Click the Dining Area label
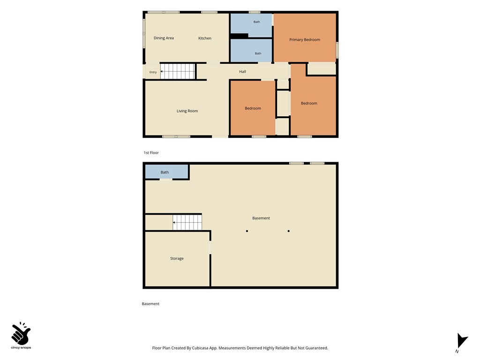pos(164,38)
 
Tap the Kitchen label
pos(205,38)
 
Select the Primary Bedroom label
pos(305,39)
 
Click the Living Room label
pos(187,111)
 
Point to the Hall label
pos(242,72)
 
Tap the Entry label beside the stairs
pos(153,72)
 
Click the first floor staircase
pos(178,71)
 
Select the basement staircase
pos(187,222)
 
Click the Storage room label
pos(177,258)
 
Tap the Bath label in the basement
pos(165,172)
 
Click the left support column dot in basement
pos(247,231)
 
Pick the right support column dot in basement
pos(289,231)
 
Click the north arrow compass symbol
pos(462,341)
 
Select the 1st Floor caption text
pos(151,153)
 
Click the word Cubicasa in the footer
pos(200,348)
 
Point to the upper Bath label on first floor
pos(256,22)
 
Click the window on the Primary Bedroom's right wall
pos(337,50)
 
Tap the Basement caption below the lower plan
pos(150,304)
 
